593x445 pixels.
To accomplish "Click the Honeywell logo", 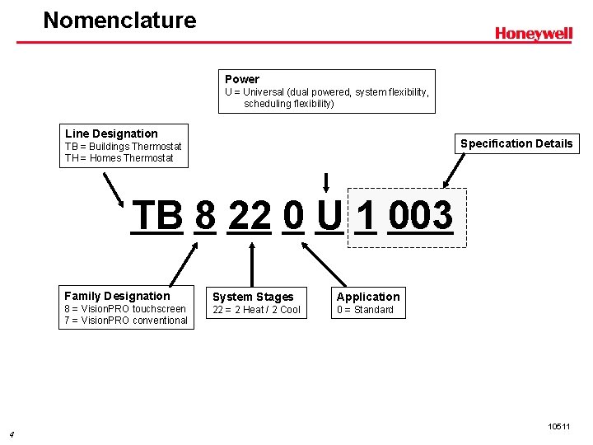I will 533,34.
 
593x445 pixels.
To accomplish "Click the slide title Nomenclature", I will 119,20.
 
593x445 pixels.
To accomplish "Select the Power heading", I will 242,79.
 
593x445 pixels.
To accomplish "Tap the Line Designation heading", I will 111,133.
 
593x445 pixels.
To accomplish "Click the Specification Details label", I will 516,143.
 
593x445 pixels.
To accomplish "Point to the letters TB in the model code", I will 157,216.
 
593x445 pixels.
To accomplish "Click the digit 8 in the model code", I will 206,216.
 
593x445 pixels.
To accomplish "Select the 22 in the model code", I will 250,216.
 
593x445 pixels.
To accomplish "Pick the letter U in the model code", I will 329,216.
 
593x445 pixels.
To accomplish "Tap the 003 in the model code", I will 420,216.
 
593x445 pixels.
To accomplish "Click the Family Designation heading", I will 117,296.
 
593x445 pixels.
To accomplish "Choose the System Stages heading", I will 253,297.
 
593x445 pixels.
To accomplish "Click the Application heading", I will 368,297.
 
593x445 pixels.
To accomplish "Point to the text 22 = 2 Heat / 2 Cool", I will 257,310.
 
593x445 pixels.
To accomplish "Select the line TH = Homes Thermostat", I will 119,158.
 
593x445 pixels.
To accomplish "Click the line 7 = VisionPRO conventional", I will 126,321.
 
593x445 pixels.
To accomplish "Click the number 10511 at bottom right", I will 558,426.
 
